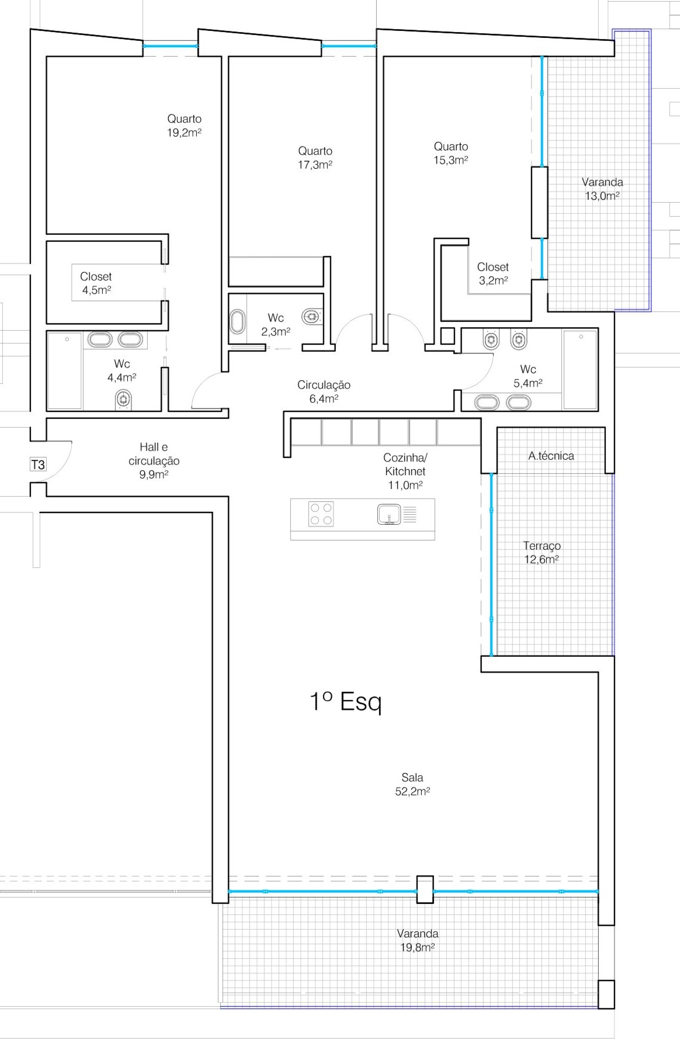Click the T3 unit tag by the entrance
pos(38,465)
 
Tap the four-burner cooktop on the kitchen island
pos(321,514)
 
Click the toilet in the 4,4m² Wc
pos(122,399)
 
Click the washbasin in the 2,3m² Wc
pos(238,323)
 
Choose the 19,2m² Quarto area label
pos(185,126)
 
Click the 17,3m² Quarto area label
pos(315,158)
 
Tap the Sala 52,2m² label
pos(412,784)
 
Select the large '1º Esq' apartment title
pos(345,701)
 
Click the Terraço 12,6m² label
pos(542,552)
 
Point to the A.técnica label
pos(551,456)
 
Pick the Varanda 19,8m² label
pos(418,940)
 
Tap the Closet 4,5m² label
pos(96,283)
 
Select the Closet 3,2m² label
pos(493,273)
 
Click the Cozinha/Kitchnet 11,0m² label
pos(405,471)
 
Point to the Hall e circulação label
pos(154,460)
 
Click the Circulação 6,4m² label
pos(324,392)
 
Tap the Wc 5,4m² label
pos(528,376)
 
